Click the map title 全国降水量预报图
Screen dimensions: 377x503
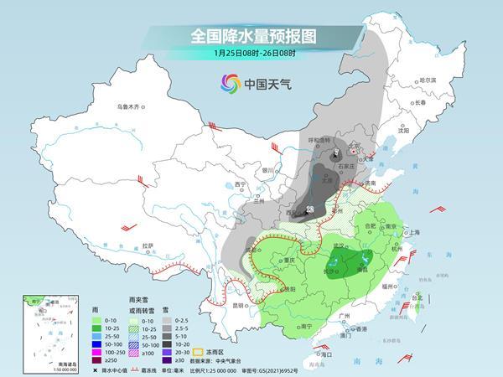[251, 37]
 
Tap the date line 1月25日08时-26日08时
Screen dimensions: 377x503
[251, 54]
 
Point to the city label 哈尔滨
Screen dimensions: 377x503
[428, 79]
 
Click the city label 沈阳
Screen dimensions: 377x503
[403, 131]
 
